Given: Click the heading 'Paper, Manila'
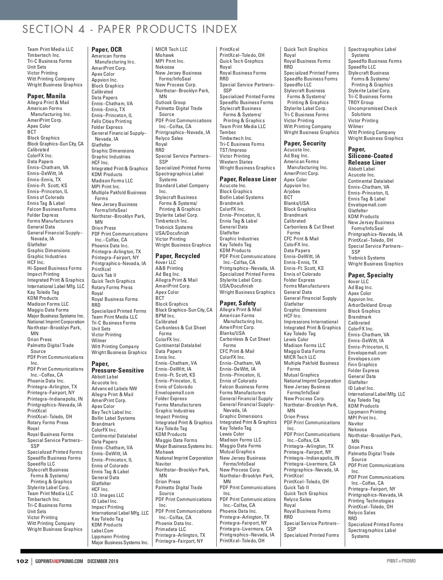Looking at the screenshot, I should coord(47,96).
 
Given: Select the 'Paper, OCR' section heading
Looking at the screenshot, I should coord(107,49).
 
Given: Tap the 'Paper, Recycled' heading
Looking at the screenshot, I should coord(178,256).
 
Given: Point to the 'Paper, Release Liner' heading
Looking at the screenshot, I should coord(248,179).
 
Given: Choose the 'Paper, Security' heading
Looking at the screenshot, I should coord(305,143).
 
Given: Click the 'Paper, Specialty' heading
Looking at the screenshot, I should coord(371,275).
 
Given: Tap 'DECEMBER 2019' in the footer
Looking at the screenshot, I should coord(103,561).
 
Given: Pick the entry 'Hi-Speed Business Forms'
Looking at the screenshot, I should coord(54,268).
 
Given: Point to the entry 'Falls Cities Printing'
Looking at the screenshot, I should coord(111,121).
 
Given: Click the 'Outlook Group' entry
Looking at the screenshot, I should coord(171,103).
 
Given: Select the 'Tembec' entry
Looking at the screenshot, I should coord(228,132).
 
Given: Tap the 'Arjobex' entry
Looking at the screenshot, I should coord(292,191).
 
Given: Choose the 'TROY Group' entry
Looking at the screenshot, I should coord(361,103).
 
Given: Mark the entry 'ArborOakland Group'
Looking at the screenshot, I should coord(370,305).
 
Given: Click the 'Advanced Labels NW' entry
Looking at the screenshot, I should coord(114,388).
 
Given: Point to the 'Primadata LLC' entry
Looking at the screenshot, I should coord(171,529).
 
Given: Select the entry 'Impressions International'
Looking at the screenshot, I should coord(311,322).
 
